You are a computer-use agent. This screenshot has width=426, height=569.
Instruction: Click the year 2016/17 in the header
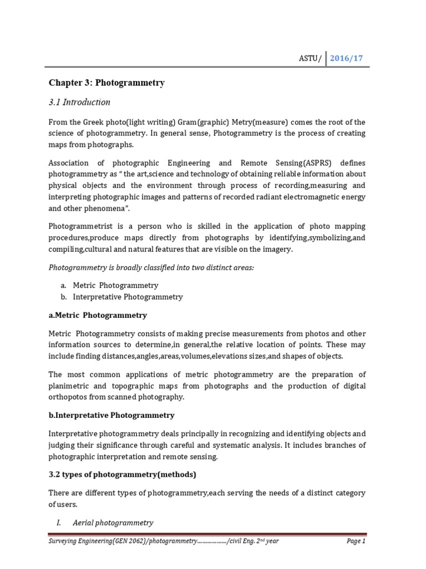click(x=348, y=58)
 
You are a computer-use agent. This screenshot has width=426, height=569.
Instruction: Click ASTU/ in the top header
click(x=309, y=59)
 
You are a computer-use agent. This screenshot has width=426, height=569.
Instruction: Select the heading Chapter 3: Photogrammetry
click(x=106, y=83)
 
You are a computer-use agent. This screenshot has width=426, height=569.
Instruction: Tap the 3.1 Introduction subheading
click(x=80, y=102)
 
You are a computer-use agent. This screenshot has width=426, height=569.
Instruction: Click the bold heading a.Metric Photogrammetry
click(x=98, y=315)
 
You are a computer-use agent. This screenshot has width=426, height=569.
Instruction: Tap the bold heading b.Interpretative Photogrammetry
click(x=111, y=415)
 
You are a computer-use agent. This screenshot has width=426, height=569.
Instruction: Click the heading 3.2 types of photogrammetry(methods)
click(x=123, y=475)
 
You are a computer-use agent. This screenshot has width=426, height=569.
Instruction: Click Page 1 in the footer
click(x=356, y=541)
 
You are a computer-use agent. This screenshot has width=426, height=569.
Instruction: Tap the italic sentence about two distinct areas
click(x=151, y=267)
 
